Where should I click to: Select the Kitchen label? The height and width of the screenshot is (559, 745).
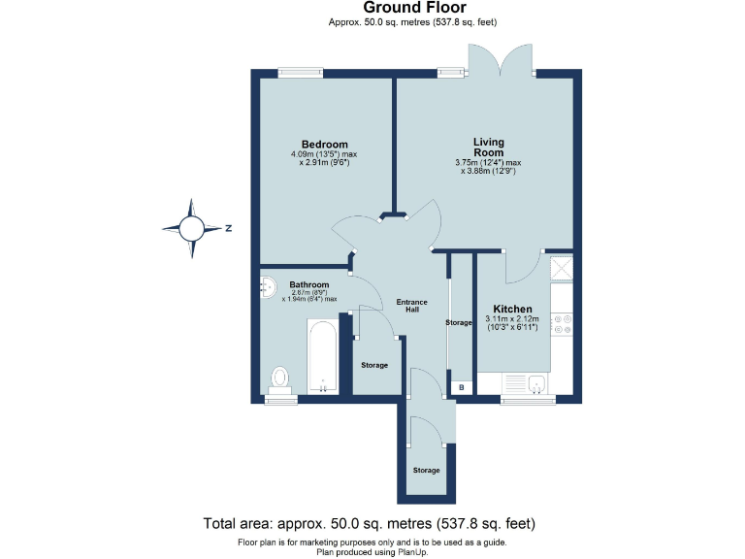pyautogui.click(x=512, y=309)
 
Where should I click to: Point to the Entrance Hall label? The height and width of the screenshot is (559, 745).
pyautogui.click(x=412, y=307)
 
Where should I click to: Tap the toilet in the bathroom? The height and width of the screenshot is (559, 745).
pyautogui.click(x=280, y=378)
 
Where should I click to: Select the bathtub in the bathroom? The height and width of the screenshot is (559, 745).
pyautogui.click(x=322, y=356)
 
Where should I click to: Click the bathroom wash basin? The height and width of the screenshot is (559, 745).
pyautogui.click(x=268, y=287)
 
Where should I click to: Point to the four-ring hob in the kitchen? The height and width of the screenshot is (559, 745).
pyautogui.click(x=562, y=327)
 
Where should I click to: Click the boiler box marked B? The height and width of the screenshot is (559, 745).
pyautogui.click(x=461, y=388)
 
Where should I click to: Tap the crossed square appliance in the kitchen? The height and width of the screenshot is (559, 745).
pyautogui.click(x=562, y=267)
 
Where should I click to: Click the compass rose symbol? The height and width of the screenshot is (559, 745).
pyautogui.click(x=191, y=229)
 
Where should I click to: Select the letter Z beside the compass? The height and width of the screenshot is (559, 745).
pyautogui.click(x=228, y=229)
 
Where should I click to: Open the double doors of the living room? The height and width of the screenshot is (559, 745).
pyautogui.click(x=502, y=60)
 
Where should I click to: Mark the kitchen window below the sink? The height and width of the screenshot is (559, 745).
pyautogui.click(x=524, y=399)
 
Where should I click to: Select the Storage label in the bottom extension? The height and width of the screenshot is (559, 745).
pyautogui.click(x=426, y=470)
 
